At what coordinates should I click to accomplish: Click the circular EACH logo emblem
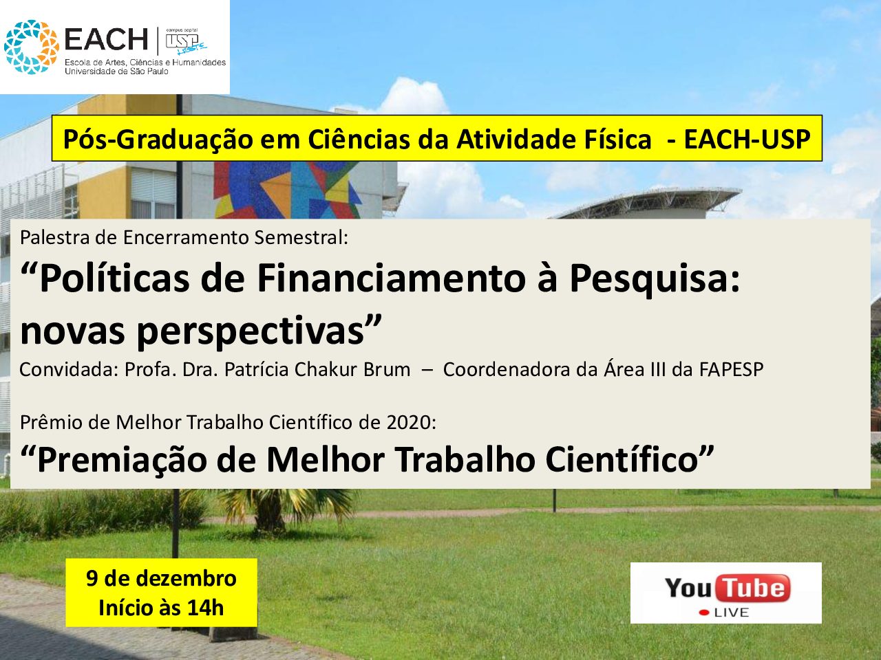click(x=31, y=47)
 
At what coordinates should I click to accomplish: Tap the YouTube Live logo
click(x=726, y=593)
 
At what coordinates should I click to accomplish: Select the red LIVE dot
click(x=704, y=613)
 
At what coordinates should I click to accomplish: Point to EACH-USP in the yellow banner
click(x=747, y=139)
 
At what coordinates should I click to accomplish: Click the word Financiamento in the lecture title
click(x=392, y=278)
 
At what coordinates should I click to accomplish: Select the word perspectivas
click(x=251, y=332)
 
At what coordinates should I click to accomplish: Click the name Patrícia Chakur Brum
click(x=317, y=369)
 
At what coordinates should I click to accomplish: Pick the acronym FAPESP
click(x=731, y=369)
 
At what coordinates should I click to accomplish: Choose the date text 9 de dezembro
click(x=161, y=578)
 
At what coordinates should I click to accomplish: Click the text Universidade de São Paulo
click(x=116, y=71)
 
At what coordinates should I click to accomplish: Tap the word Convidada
click(x=69, y=369)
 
